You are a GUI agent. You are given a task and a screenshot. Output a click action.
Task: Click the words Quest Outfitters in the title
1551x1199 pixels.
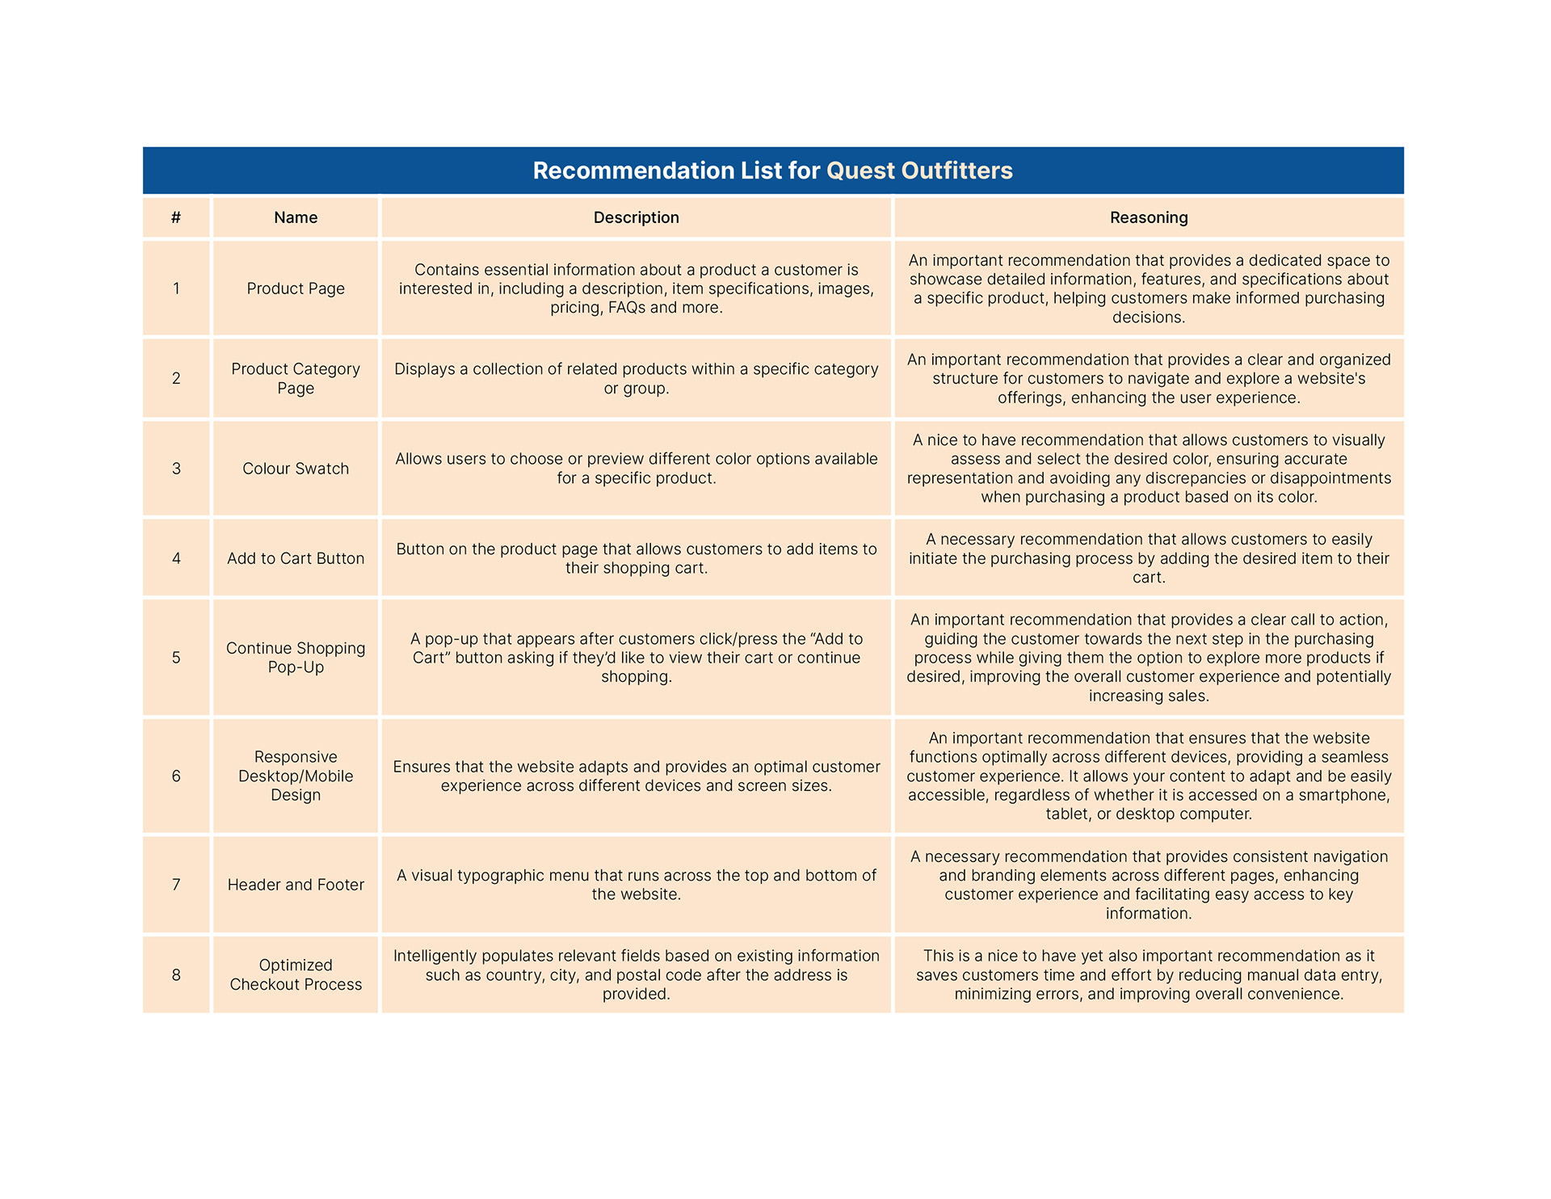coord(919,170)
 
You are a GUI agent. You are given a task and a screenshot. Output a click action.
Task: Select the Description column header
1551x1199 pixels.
coord(636,217)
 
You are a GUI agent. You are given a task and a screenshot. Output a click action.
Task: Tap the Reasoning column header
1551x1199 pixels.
coord(1148,217)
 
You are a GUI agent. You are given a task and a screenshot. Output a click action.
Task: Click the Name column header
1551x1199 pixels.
coord(296,217)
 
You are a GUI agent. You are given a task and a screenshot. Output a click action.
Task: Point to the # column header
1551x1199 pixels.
coord(176,217)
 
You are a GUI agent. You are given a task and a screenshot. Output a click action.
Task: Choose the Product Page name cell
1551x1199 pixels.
coord(296,288)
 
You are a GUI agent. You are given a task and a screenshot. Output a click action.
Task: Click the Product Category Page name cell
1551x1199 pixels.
coord(296,378)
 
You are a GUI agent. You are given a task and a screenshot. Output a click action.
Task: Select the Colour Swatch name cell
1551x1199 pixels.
coord(296,469)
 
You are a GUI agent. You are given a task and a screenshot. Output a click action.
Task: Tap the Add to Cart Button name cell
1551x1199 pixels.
coord(296,558)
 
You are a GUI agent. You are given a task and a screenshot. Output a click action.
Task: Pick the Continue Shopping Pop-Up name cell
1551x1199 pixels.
coord(296,658)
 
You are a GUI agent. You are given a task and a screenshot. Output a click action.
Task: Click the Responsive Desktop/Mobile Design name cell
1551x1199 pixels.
coord(296,776)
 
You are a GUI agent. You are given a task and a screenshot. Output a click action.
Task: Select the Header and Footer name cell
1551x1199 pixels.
coord(296,885)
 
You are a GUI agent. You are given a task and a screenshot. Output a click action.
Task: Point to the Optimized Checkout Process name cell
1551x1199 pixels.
coord(296,974)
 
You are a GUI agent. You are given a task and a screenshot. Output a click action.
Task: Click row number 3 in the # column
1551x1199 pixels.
coord(176,469)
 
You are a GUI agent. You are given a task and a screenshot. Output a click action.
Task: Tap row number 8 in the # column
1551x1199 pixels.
coord(176,974)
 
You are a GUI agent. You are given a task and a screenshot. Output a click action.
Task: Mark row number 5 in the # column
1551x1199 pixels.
coord(176,658)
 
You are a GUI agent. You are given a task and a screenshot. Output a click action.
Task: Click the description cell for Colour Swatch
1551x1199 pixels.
coord(636,469)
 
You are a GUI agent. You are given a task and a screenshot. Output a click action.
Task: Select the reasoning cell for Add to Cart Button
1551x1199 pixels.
coord(1148,558)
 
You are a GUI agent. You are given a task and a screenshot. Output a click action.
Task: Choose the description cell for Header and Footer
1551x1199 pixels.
coord(636,885)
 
